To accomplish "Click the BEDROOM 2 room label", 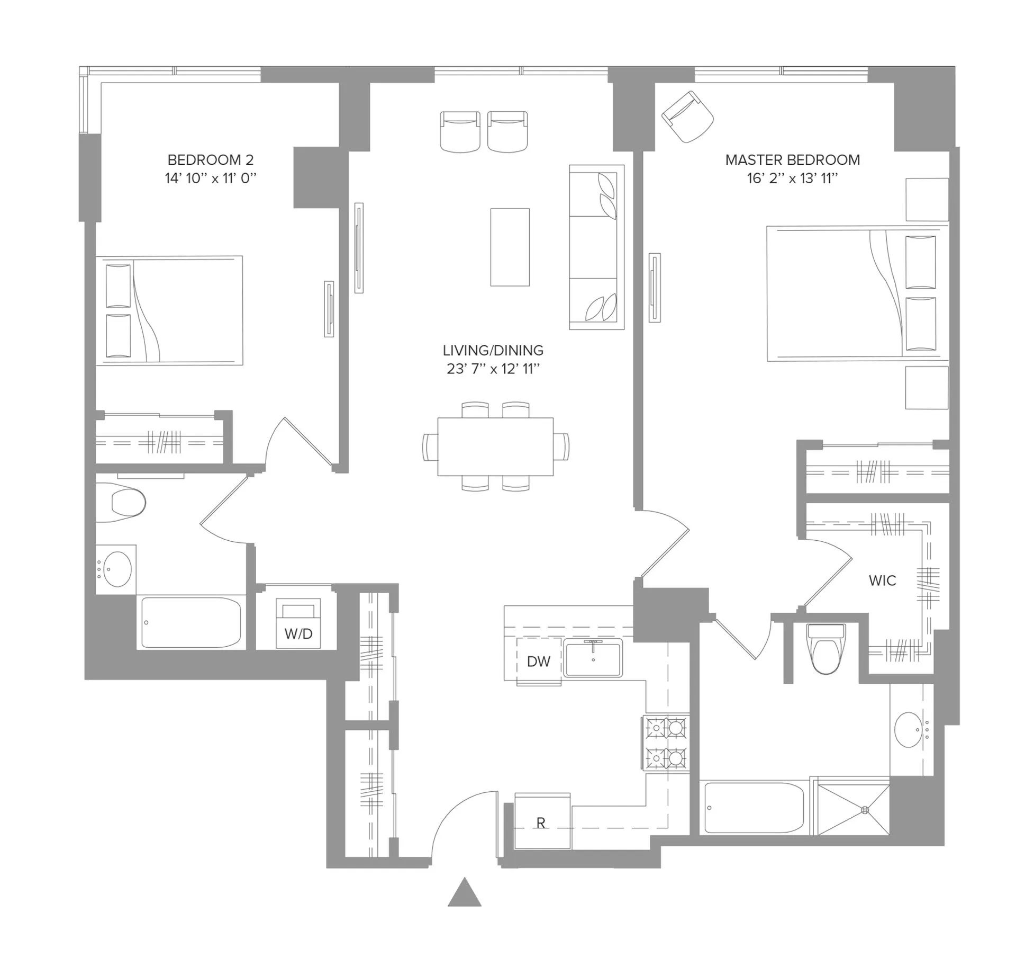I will (x=210, y=159).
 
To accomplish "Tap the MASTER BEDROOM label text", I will (x=792, y=159).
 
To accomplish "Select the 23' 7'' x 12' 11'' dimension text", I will (x=493, y=369).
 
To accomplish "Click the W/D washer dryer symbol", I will (x=298, y=624).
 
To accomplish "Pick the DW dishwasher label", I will (x=539, y=661).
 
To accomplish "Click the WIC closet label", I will (x=882, y=580).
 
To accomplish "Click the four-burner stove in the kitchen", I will (x=666, y=743).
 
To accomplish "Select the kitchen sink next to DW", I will (x=593, y=658).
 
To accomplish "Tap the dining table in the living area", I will (x=495, y=446).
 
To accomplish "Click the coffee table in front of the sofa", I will (x=510, y=247).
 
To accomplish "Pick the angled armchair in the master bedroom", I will (x=688, y=117).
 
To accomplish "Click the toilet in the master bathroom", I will (x=826, y=649).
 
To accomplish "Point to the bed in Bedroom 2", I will (x=169, y=310).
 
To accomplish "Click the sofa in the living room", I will (x=596, y=247).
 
